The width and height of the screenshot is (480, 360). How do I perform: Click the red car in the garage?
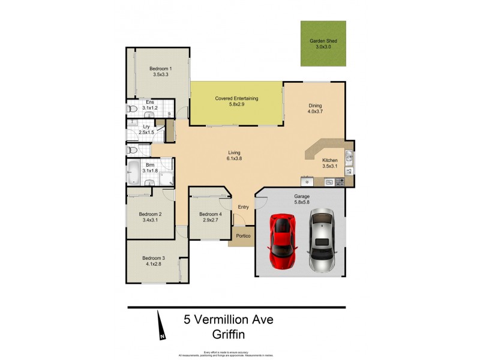click(282, 242)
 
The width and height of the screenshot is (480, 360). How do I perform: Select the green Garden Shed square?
click(323, 44)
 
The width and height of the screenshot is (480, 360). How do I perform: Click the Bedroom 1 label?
click(161, 72)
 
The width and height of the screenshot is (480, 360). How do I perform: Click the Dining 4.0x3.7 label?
click(315, 109)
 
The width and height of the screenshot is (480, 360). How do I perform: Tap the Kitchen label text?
click(330, 160)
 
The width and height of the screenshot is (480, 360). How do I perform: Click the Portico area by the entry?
click(242, 236)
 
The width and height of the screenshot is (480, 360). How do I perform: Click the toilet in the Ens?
click(132, 109)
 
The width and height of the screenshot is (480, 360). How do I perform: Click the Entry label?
click(243, 207)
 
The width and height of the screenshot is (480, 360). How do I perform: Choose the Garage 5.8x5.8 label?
click(301, 199)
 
